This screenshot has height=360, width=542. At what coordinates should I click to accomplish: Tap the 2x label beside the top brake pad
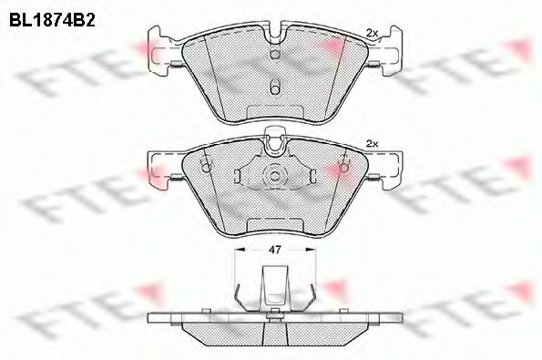click(x=371, y=34)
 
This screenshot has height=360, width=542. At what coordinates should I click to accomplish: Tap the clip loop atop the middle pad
click(x=272, y=140)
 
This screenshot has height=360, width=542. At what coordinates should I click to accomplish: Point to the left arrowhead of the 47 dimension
click(x=239, y=247)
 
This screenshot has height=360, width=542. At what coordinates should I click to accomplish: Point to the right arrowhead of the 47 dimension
click(x=309, y=247)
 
